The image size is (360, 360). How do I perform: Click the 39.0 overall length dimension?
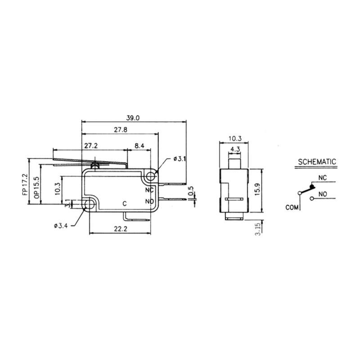coord(133,118)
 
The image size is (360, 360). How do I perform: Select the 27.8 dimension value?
coord(121,130)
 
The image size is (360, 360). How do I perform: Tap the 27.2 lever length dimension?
coord(91,145)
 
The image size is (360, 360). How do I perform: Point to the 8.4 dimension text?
coord(139,145)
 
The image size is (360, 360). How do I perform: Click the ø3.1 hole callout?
coord(180,159)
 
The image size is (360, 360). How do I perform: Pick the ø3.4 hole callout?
coord(61,226)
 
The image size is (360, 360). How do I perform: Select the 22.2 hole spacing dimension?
coord(121,229)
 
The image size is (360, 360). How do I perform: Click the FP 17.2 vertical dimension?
coord(25,184)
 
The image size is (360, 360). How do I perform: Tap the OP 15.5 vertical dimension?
coord(36,188)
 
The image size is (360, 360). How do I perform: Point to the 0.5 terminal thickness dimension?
coord(191,191)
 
